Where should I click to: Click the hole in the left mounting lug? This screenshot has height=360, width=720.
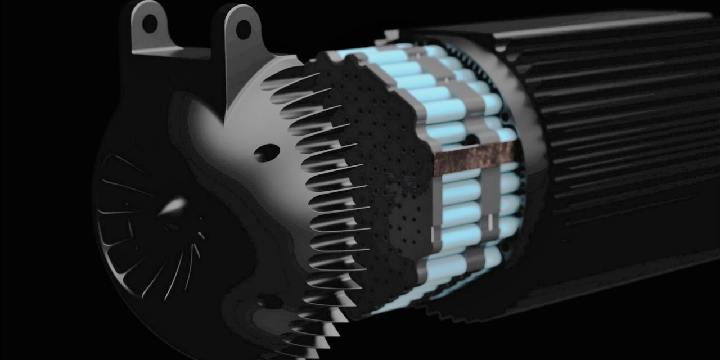tap(150, 24)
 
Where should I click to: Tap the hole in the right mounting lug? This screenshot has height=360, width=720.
tap(243, 29)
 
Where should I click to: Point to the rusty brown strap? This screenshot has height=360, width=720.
tap(474, 156)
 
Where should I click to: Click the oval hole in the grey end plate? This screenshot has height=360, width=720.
tap(266, 152)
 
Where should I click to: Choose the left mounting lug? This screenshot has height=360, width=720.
tap(147, 28)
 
